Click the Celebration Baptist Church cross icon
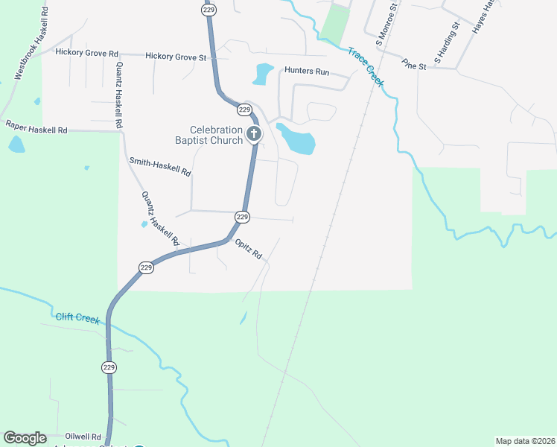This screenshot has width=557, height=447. point(254,135)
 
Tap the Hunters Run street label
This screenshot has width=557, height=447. point(307,72)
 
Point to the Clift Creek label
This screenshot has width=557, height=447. point(77,317)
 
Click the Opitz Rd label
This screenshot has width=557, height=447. point(249,249)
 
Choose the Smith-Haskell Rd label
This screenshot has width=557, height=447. point(160,166)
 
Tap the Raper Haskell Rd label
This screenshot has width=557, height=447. point(36,127)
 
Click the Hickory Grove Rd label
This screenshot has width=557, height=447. point(87,53)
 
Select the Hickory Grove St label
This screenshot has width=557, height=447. point(176,56)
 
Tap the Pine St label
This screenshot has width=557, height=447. point(413,65)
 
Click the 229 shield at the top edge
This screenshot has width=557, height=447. point(208,8)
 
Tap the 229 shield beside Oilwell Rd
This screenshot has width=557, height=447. point(109,367)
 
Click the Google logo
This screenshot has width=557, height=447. point(25,438)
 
